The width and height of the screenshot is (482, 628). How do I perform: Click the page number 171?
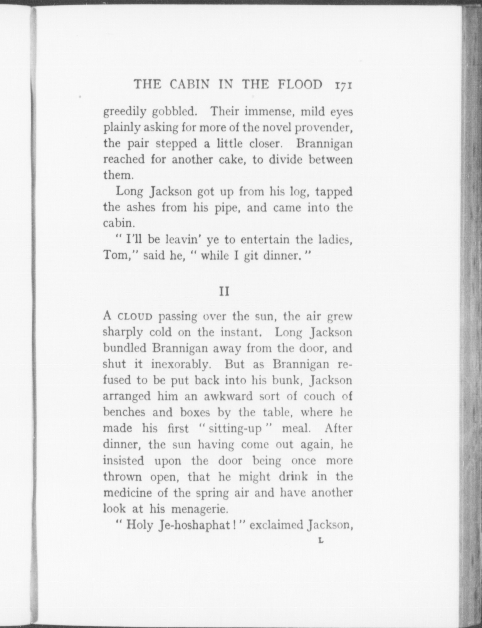pos(343,85)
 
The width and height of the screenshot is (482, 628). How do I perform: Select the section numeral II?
pos(224,292)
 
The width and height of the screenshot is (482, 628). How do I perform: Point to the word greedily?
pos(124,112)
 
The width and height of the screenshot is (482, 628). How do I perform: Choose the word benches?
pos(125,412)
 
